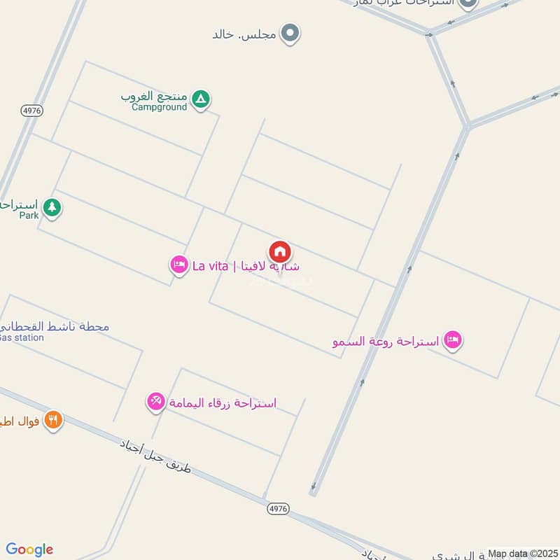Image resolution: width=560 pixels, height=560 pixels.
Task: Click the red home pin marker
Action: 280,252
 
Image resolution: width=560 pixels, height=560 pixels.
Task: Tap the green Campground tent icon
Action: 200,100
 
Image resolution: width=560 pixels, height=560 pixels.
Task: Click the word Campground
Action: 160,107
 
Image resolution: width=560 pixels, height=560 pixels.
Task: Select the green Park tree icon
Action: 51,208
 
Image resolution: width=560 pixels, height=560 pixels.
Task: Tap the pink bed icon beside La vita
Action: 178,265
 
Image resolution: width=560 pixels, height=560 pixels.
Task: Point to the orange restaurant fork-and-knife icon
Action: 53,420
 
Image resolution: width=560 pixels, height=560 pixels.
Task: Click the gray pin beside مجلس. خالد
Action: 290,33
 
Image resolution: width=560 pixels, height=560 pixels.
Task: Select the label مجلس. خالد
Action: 244,34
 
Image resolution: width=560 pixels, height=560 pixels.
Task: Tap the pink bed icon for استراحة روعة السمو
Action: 453,341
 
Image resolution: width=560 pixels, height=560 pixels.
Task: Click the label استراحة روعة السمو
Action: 386,342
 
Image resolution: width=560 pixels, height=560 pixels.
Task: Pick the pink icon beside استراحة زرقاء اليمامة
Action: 155,402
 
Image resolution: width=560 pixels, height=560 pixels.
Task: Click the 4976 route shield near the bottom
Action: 278,508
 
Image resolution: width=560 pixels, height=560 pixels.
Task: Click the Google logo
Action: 29,549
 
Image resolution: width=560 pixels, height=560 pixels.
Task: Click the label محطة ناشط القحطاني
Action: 56,326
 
